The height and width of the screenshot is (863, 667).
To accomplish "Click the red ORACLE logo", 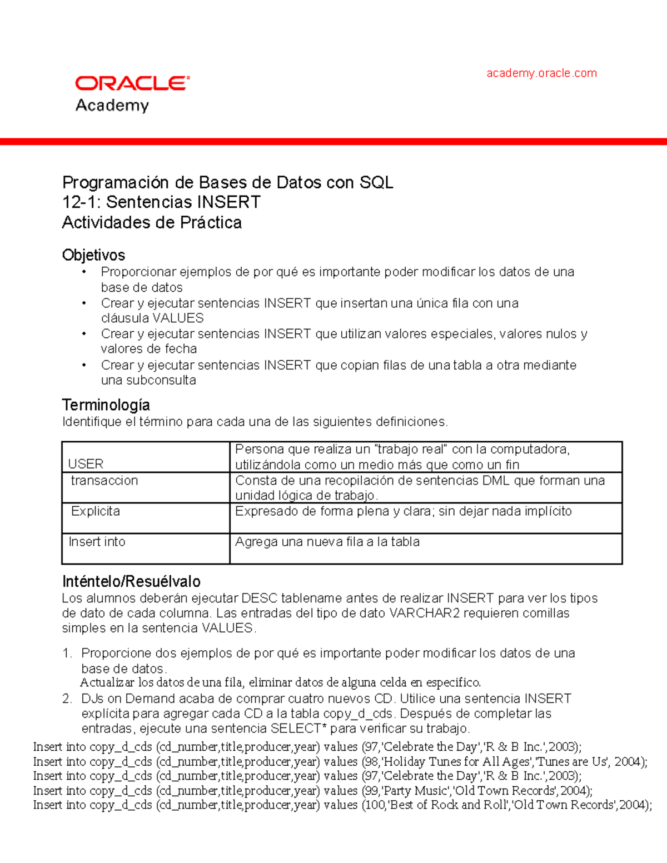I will pos(132,83).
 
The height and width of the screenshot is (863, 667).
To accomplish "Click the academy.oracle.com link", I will pos(541,73).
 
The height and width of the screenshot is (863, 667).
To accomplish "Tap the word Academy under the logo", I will pos(112,105).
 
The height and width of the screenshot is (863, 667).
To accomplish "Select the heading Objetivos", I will pos(93,255).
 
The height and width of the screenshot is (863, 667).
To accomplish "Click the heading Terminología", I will pos(106,405).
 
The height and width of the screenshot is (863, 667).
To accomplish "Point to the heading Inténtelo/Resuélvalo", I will pos(131,581).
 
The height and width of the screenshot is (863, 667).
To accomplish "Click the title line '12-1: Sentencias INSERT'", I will pos(161,202).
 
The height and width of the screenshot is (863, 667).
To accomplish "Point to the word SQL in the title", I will pos(376,182).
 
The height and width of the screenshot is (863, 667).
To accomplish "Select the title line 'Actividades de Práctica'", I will pos(152,222).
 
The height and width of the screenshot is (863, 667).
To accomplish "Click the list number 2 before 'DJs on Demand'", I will pos(67,699).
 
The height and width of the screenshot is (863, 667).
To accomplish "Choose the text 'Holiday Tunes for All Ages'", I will pos(456,761).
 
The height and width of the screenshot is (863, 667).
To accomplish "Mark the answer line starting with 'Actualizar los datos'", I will pos(281,682).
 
